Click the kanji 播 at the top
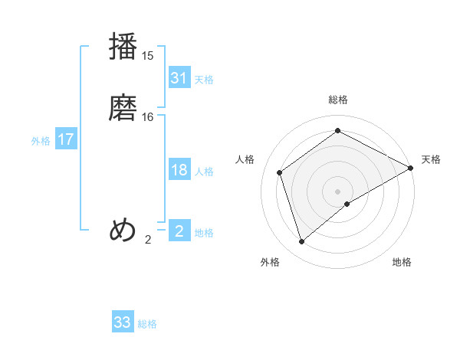pyautogui.click(x=123, y=47)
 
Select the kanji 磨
pyautogui.click(x=123, y=108)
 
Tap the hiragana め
pyautogui.click(x=123, y=231)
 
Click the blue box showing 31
pyautogui.click(x=179, y=78)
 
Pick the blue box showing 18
pyautogui.click(x=179, y=170)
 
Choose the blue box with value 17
pyautogui.click(x=65, y=139)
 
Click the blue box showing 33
pyautogui.click(x=123, y=322)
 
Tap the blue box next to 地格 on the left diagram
pyautogui.click(x=179, y=231)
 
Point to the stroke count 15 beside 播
pyautogui.click(x=148, y=55)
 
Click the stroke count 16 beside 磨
pyautogui.click(x=148, y=116)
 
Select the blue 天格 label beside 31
pyautogui.click(x=204, y=79)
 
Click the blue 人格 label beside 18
pyautogui.click(x=204, y=172)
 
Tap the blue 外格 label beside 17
pyautogui.click(x=41, y=141)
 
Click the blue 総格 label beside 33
pyautogui.click(x=147, y=324)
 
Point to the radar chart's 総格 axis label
pyautogui.click(x=338, y=100)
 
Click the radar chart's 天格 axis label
pyautogui.click(x=431, y=159)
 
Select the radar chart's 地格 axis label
pyautogui.click(x=402, y=262)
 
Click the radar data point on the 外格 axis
pyautogui.click(x=302, y=242)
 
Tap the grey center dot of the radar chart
pyautogui.click(x=338, y=191)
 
